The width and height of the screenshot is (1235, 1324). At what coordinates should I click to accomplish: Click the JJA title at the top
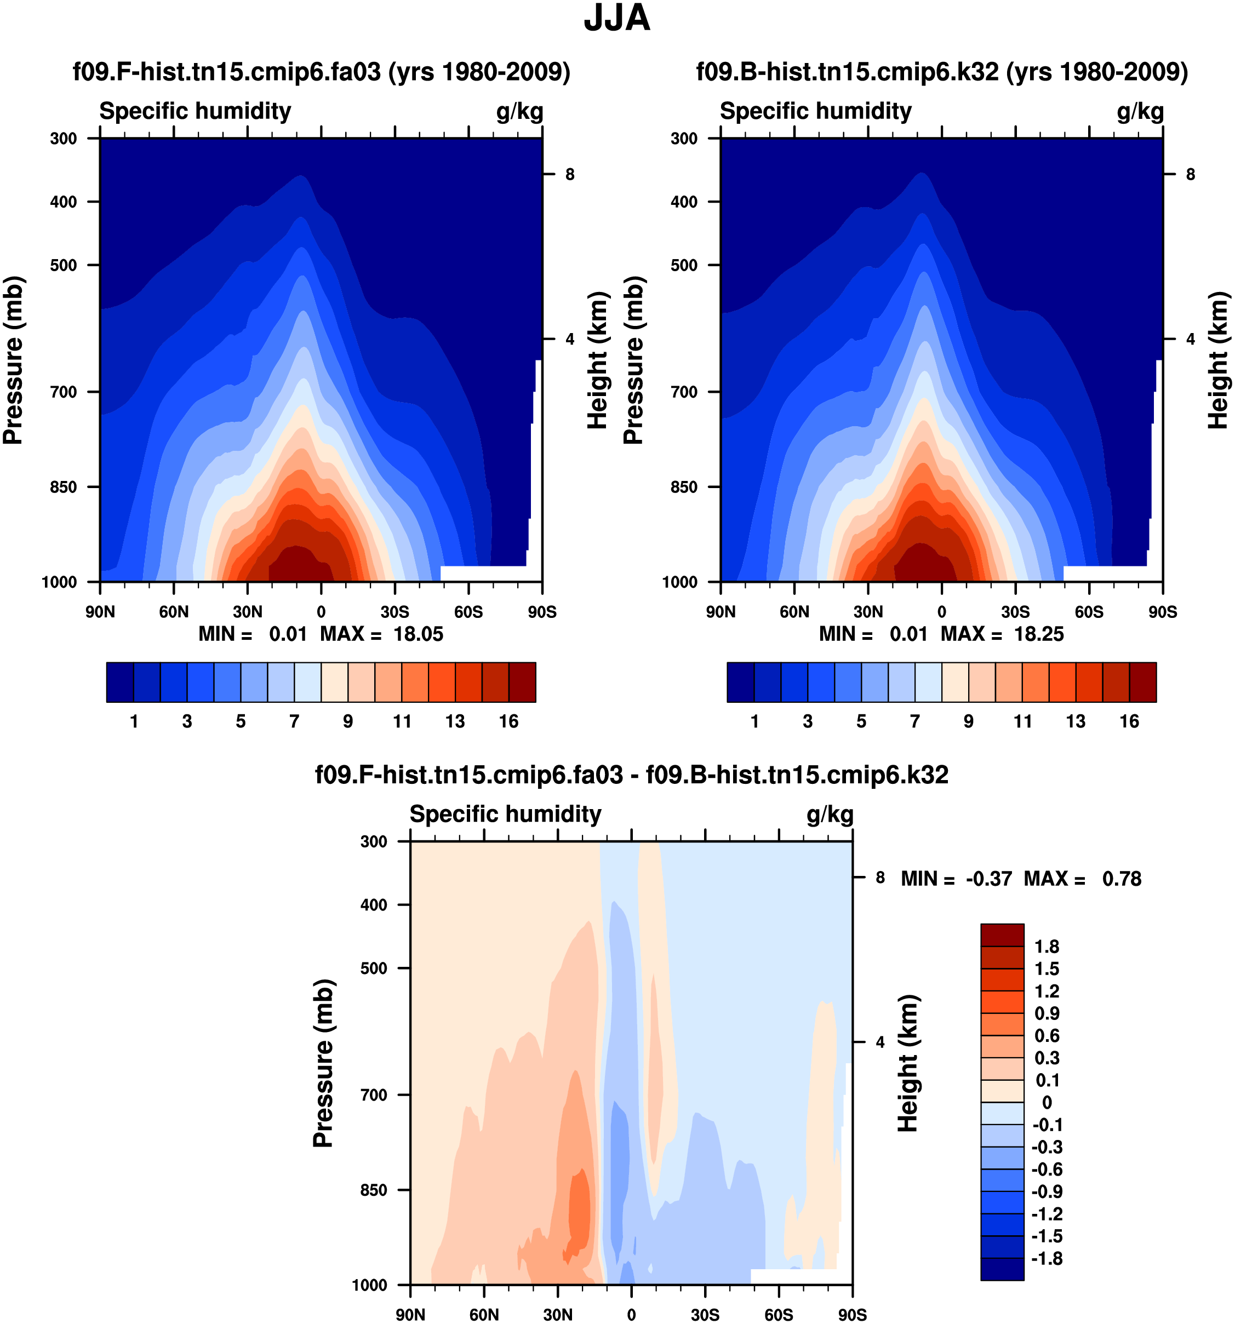click(x=616, y=19)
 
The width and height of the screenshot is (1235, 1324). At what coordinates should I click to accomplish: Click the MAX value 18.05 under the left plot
click(x=418, y=634)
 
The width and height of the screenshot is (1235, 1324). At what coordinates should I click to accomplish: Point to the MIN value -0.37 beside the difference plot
click(x=988, y=879)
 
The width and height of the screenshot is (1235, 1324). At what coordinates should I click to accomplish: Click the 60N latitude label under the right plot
click(x=794, y=612)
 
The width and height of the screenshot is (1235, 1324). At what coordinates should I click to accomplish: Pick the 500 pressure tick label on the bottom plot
click(x=374, y=968)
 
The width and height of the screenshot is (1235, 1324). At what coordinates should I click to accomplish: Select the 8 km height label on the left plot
click(x=569, y=175)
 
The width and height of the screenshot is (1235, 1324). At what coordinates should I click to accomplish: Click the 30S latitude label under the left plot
click(x=394, y=612)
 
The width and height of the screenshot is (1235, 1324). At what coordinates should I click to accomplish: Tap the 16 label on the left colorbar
click(x=508, y=721)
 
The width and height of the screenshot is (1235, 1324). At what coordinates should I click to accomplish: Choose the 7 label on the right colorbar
click(x=914, y=721)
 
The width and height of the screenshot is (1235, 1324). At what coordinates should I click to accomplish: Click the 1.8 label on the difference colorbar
click(x=1046, y=947)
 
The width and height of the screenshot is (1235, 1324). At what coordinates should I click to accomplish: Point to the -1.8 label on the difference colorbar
click(x=1046, y=1259)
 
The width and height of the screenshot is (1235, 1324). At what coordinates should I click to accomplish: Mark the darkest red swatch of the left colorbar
click(x=522, y=682)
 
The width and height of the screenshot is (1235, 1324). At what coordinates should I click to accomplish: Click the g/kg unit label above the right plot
click(x=1140, y=111)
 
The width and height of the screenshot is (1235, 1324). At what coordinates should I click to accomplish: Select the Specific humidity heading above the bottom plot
click(x=505, y=815)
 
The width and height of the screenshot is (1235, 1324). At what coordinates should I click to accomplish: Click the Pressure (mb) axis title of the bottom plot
click(x=323, y=1063)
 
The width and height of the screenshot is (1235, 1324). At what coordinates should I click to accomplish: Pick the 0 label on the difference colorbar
click(x=1047, y=1103)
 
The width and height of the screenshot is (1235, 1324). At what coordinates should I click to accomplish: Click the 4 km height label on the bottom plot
click(x=880, y=1042)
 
